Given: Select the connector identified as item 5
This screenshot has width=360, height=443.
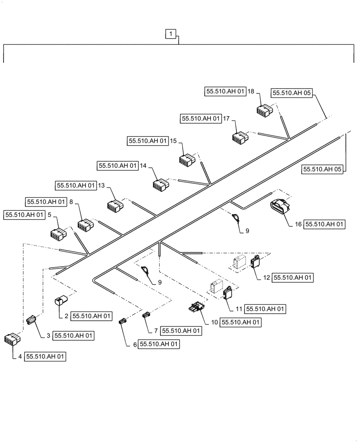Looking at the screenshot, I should click(x=58, y=233).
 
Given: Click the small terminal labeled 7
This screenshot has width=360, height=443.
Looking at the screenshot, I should click(x=146, y=315).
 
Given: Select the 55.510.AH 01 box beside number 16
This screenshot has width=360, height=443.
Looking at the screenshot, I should click(x=325, y=225).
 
